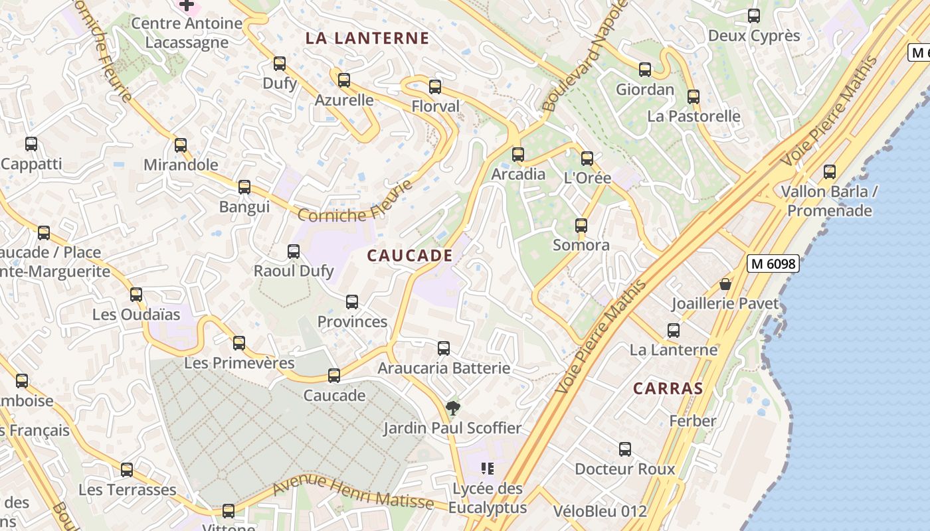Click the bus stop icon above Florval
(435, 87)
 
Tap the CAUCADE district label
(410, 256)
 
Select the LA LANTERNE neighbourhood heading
(367, 38)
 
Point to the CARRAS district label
(668, 388)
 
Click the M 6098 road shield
(773, 264)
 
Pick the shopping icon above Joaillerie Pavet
(725, 284)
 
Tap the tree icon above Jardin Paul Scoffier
(453, 408)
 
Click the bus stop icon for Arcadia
(518, 155)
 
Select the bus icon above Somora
(581, 226)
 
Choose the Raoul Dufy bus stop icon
(294, 252)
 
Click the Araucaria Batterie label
(444, 368)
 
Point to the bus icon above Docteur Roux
(625, 449)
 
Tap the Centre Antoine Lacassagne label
(187, 33)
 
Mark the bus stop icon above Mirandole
(181, 145)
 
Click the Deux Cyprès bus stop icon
(754, 16)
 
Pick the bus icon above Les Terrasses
(127, 470)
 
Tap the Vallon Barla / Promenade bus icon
(830, 172)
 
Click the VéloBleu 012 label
(600, 511)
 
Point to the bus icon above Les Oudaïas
(136, 294)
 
